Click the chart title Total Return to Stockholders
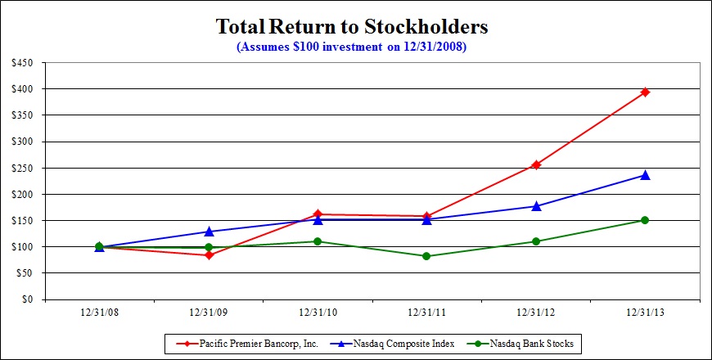(351, 26)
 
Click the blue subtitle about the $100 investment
(351, 47)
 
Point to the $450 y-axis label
(22, 62)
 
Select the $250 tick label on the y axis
(22, 168)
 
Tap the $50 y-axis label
(25, 273)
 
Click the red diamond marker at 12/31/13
(645, 92)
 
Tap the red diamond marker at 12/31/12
(536, 164)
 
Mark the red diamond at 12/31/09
(209, 255)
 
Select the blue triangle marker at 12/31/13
(645, 175)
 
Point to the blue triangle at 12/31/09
(209, 232)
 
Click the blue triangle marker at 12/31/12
(536, 206)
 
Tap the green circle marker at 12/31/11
(426, 256)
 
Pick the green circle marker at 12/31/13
(645, 220)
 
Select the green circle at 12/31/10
(318, 241)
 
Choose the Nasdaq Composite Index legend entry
(368, 344)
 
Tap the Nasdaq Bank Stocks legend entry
(520, 344)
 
